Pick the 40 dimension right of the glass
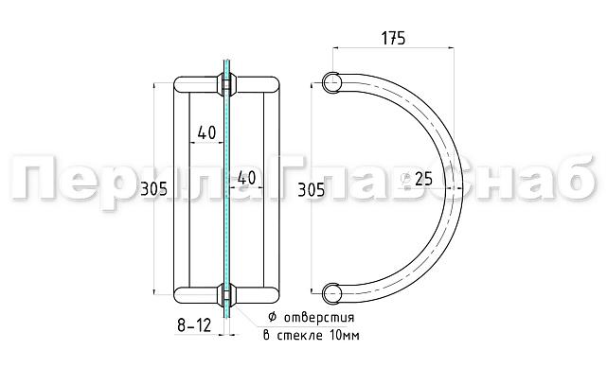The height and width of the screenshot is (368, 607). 246,177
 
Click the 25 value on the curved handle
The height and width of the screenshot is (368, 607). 423,178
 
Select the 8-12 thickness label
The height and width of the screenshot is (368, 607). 192,325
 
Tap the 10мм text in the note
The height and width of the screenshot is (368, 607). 338,336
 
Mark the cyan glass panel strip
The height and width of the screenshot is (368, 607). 226,189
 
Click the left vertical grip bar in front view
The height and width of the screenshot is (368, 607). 181,189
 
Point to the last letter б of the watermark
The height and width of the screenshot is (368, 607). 567,181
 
